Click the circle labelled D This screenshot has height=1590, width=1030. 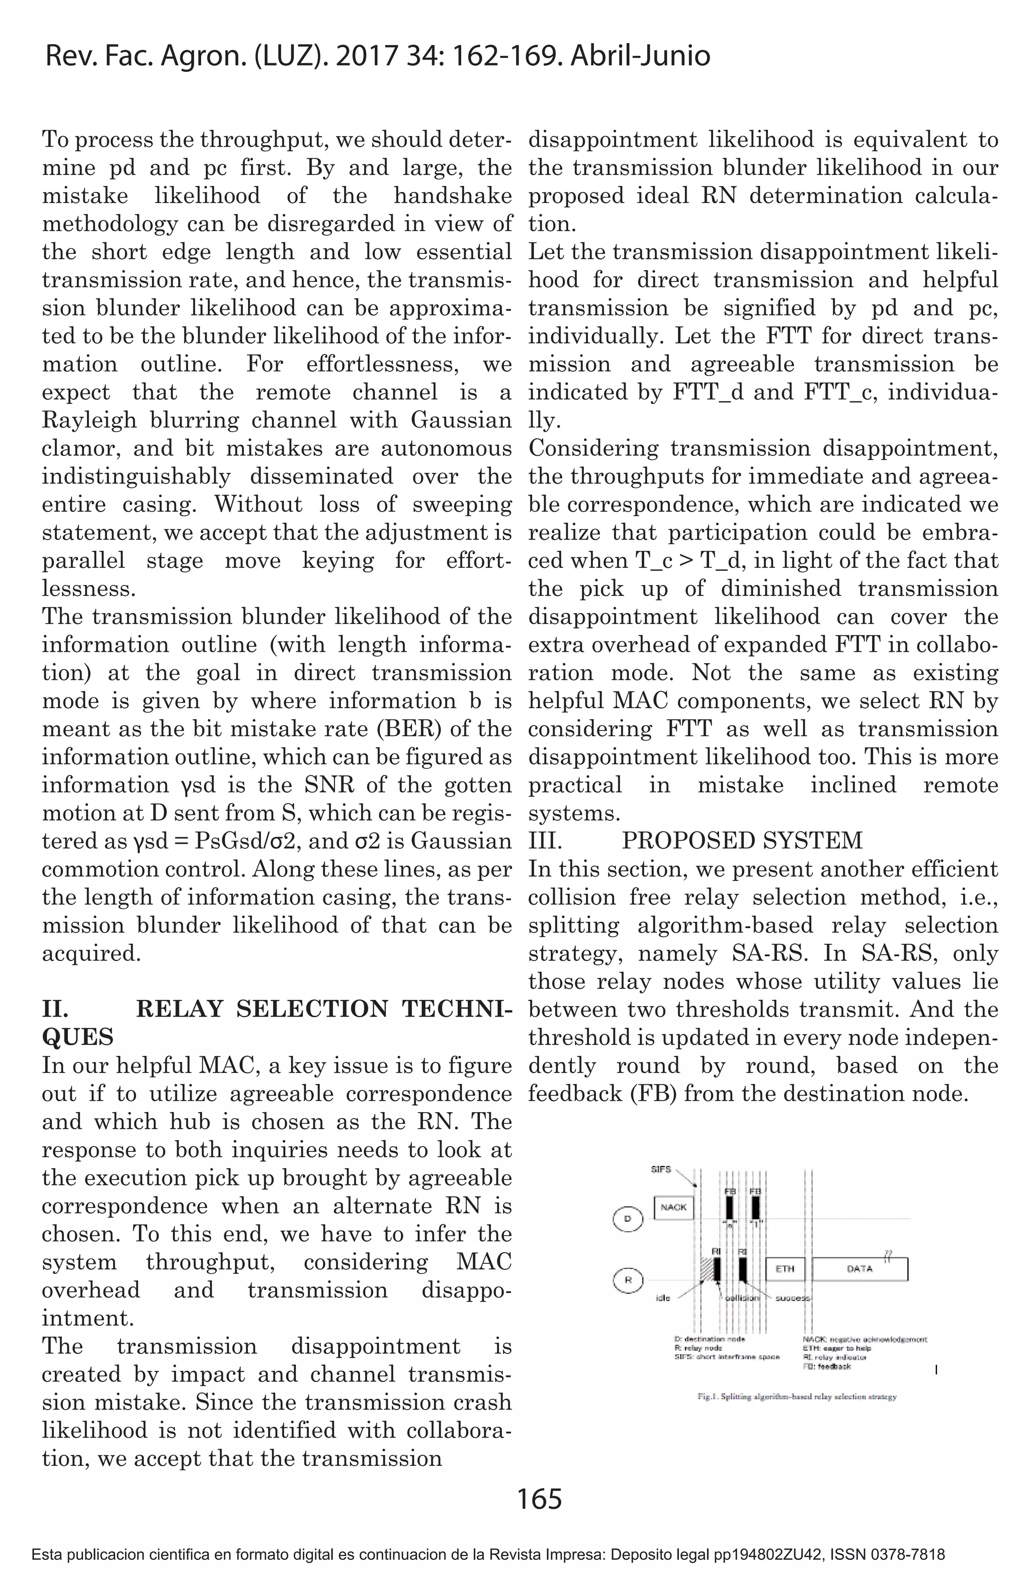[x=627, y=1219]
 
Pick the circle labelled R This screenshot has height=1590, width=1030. [x=627, y=1280]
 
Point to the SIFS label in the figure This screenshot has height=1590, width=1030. [x=660, y=1170]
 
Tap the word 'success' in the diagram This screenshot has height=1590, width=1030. [x=793, y=1298]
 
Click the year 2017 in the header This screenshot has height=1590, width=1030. [x=364, y=56]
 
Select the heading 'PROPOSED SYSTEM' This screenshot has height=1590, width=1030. [x=742, y=840]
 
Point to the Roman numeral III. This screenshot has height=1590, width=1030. [x=545, y=840]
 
